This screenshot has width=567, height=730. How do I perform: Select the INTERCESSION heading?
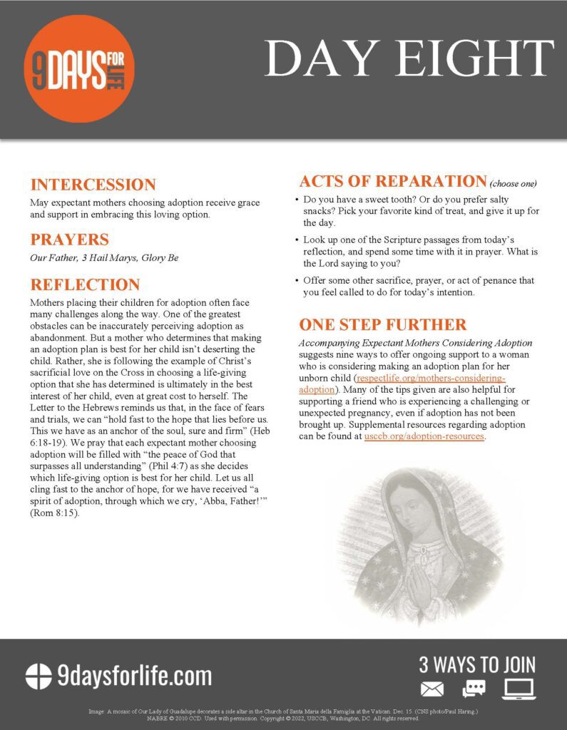click(93, 185)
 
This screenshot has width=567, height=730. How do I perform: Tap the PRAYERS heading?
click(69, 240)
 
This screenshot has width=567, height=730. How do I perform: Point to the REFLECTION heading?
click(85, 285)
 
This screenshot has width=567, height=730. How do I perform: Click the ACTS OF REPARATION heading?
click(392, 181)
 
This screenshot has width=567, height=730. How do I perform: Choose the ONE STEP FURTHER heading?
click(383, 325)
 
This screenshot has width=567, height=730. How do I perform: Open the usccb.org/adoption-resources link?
click(424, 436)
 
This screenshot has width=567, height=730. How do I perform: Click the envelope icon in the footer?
click(432, 689)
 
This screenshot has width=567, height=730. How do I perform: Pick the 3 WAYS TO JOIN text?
click(476, 665)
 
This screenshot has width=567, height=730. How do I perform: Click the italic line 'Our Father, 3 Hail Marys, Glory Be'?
click(104, 258)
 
